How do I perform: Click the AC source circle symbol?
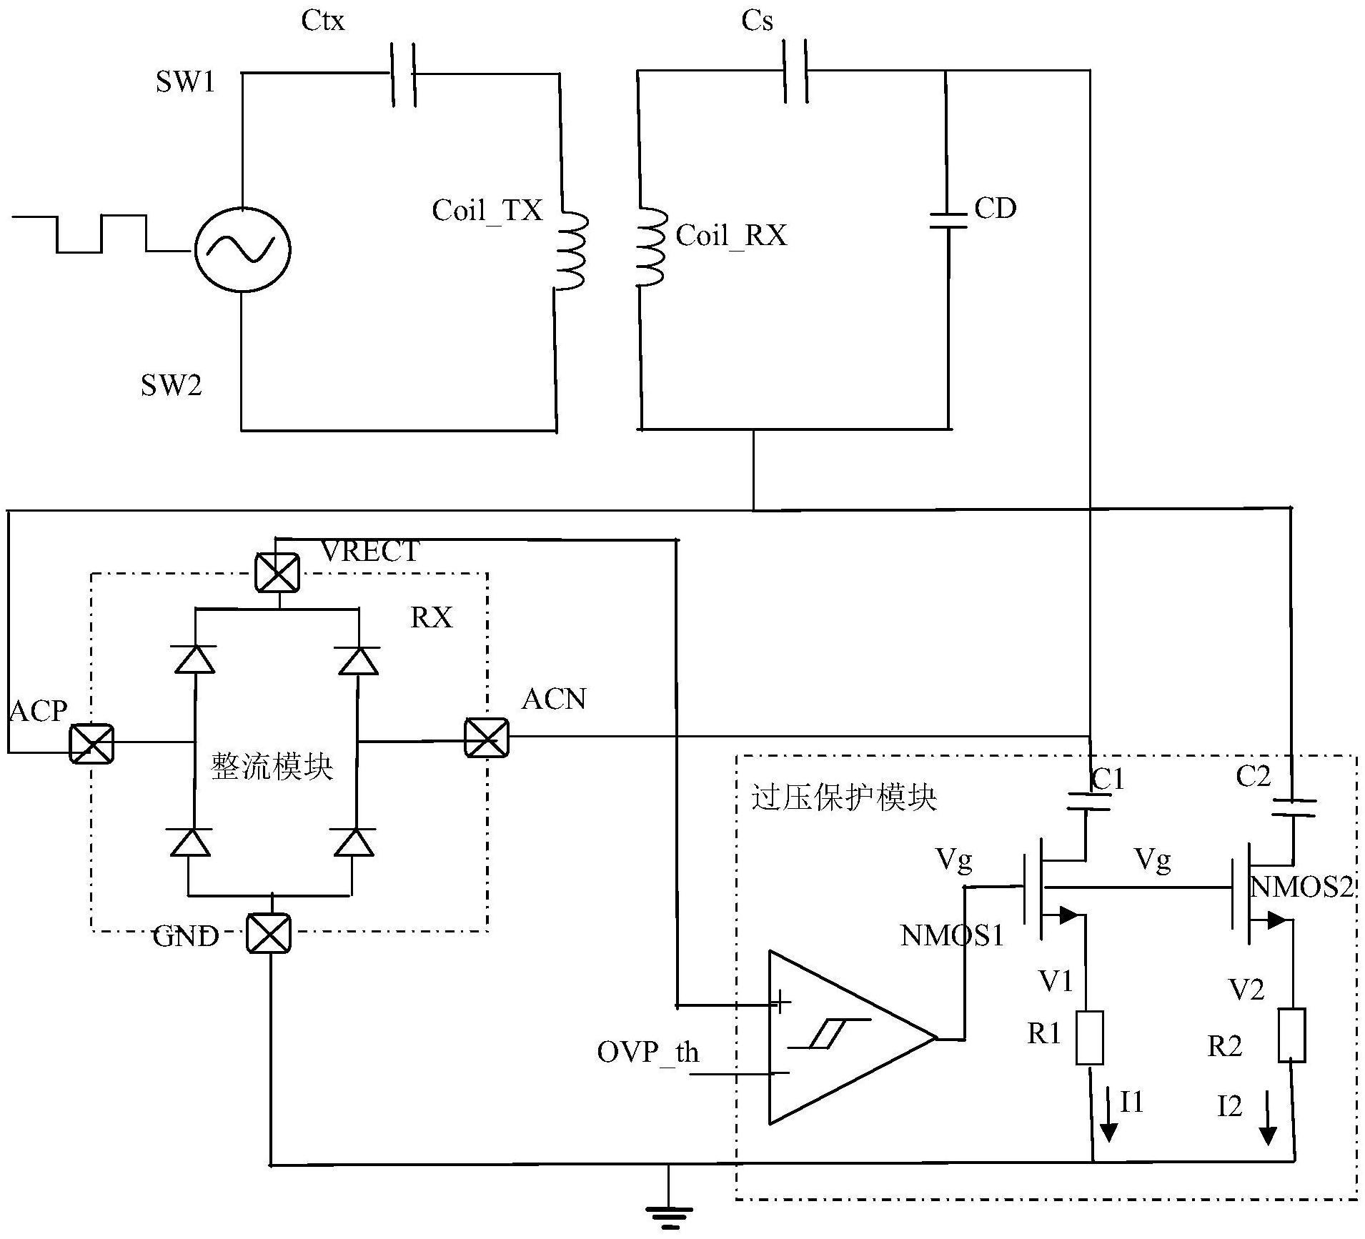click(x=242, y=249)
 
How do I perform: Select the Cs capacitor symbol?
click(x=796, y=71)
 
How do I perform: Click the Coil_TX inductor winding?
click(x=572, y=251)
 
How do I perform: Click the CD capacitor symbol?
click(x=948, y=220)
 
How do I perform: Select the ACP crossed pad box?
click(x=91, y=743)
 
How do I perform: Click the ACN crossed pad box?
click(x=486, y=737)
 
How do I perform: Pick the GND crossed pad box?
click(x=269, y=933)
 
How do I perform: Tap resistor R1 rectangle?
click(x=1089, y=1038)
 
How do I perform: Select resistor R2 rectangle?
click(x=1292, y=1035)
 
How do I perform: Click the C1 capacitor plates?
click(x=1088, y=802)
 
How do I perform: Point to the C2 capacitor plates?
click(x=1294, y=807)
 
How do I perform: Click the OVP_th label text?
click(x=647, y=1053)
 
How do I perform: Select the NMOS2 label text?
click(x=1302, y=887)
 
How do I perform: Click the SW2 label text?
click(x=172, y=386)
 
